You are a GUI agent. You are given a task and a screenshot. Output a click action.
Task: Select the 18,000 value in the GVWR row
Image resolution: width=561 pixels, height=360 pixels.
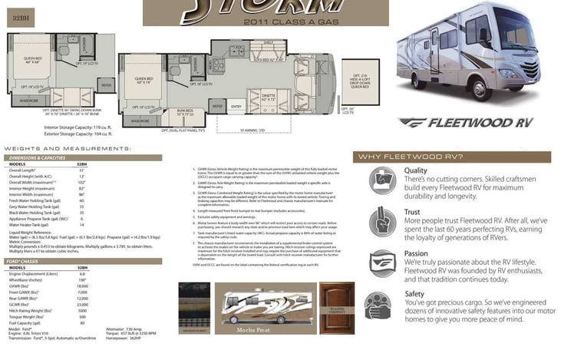[x=81, y=286]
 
